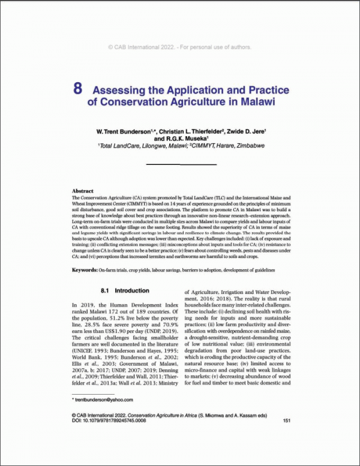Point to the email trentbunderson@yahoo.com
pos(103,399)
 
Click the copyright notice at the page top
pos(179,46)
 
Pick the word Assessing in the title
pos(121,90)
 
